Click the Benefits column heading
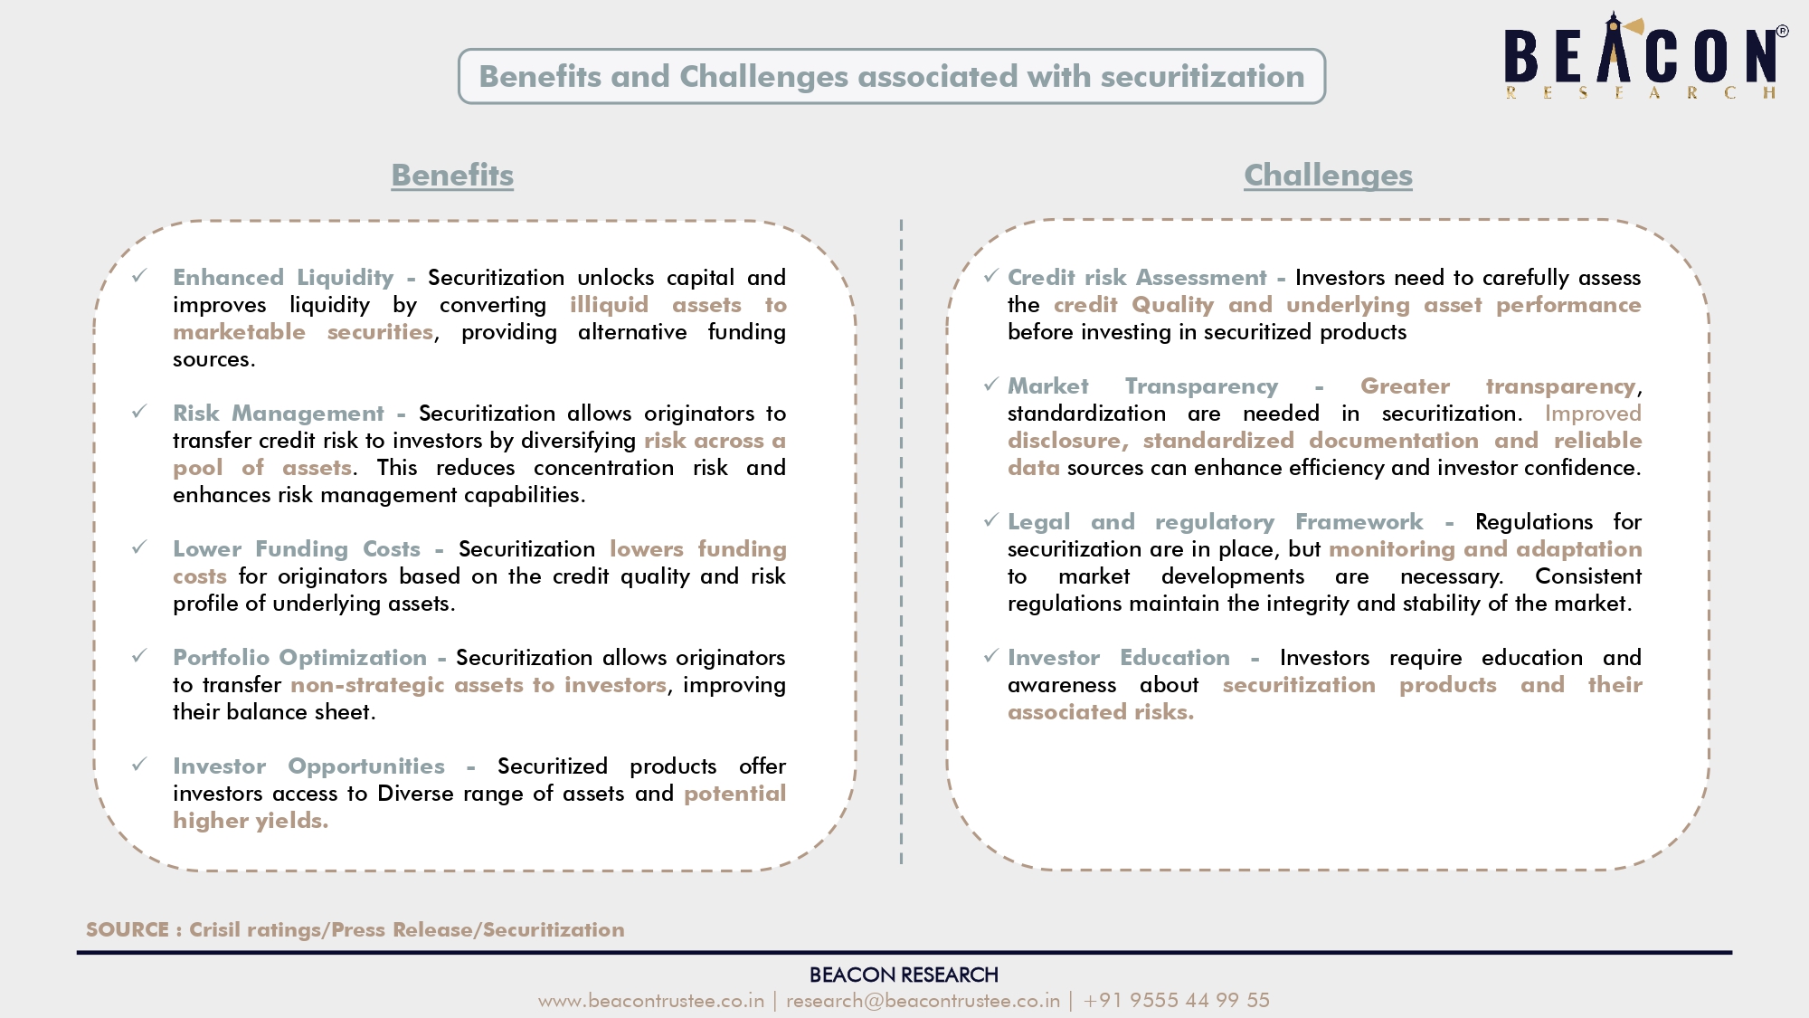coord(452,175)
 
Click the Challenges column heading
coord(1328,175)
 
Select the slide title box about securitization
coord(892,76)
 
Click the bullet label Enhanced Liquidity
coord(283,277)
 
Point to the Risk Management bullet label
coord(279,413)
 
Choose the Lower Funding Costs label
coord(297,548)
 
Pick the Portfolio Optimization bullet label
coord(299,657)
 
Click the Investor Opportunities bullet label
coord(308,766)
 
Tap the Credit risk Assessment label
coord(1137,277)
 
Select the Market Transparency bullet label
coord(1143,385)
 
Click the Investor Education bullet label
coord(1119,657)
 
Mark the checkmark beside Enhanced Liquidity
coord(139,275)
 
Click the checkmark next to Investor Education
coord(991,655)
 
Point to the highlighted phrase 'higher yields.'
coord(251,820)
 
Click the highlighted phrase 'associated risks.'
coord(1101,711)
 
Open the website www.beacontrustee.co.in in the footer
coord(651,1000)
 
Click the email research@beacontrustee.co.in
coord(923,1000)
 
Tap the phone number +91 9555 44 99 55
coord(1177,1000)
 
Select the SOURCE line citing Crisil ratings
coord(355,929)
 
